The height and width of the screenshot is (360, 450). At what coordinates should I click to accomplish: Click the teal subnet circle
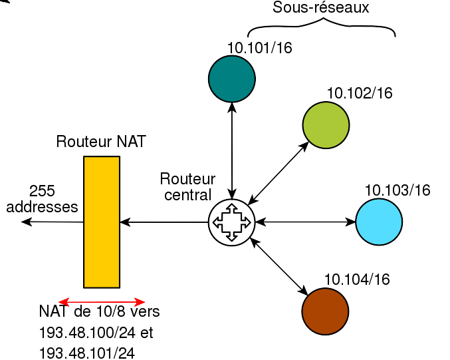232,79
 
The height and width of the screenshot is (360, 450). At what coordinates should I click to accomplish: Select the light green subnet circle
326,124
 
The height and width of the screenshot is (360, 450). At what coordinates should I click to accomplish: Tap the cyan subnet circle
379,222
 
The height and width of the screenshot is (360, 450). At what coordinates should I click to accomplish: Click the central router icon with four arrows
232,222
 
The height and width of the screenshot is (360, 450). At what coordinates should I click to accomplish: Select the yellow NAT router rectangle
102,222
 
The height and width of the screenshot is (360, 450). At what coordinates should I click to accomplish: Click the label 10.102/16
360,93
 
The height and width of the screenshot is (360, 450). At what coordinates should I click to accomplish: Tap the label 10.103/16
397,190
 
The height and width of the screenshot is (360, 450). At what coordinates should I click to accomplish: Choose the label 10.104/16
357,279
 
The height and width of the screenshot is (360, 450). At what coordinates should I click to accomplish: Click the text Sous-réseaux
321,8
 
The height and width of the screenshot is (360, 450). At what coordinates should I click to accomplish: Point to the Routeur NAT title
101,142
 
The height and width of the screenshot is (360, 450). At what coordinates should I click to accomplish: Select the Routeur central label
187,187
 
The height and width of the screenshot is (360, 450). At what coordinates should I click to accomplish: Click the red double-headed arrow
102,301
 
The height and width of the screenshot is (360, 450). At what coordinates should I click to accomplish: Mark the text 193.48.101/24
87,353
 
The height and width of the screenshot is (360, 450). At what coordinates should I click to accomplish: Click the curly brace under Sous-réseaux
321,28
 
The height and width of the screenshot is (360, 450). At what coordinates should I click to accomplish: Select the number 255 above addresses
42,190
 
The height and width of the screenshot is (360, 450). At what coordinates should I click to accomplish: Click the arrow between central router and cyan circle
305,222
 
